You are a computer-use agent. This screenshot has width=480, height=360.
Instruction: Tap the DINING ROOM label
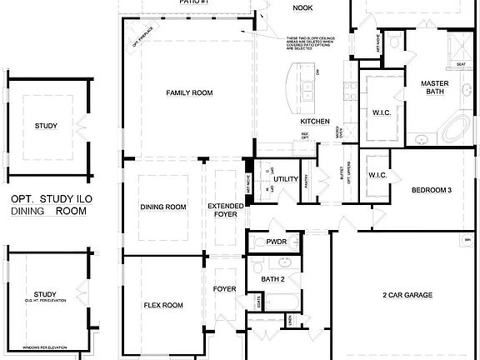(162, 207)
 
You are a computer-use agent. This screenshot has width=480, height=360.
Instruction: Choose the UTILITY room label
(286, 179)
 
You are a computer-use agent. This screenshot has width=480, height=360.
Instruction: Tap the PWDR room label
(277, 242)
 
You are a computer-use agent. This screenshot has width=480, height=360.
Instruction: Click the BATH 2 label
(273, 279)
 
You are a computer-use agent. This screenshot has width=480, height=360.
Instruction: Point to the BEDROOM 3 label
(432, 190)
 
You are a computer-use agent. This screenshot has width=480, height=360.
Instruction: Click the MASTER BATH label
(434, 88)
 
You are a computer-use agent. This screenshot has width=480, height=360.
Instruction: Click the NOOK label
(302, 8)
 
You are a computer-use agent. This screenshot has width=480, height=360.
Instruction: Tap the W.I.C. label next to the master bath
(382, 112)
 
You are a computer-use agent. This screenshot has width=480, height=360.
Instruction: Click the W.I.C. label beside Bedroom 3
(377, 175)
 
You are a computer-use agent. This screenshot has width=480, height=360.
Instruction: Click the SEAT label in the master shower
(461, 63)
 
